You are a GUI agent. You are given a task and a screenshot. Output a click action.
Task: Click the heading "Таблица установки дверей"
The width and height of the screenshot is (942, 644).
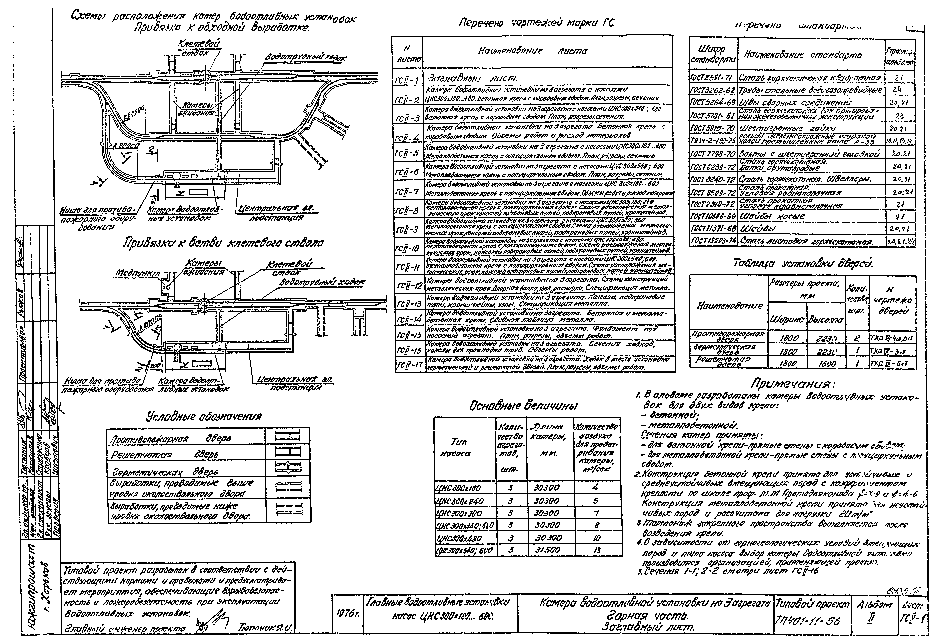click(x=803, y=263)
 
